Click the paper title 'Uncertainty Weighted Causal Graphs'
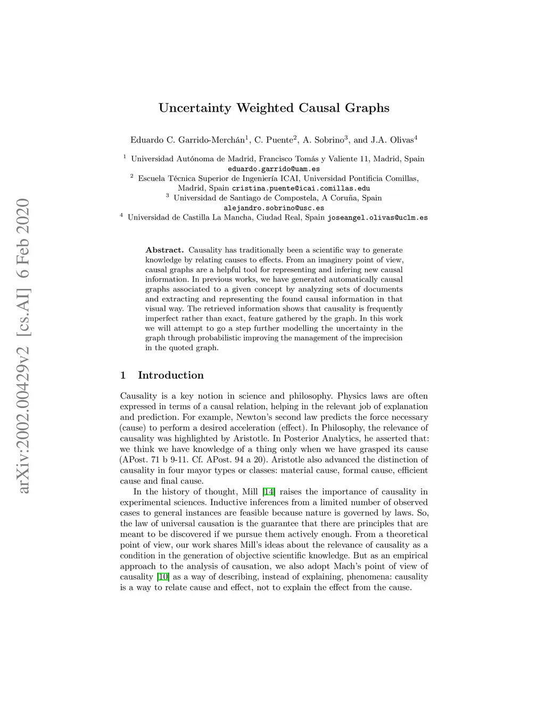click(x=274, y=108)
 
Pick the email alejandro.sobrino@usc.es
click(x=274, y=208)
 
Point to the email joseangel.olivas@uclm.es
click(x=377, y=218)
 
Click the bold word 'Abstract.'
click(x=164, y=250)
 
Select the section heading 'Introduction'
click(x=171, y=376)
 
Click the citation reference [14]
click(x=269, y=492)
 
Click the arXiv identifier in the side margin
click(x=23, y=346)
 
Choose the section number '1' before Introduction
click(x=123, y=376)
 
